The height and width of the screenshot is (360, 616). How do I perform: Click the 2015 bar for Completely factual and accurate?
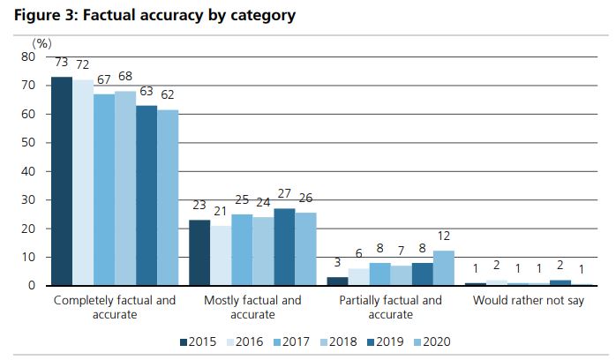click(62, 181)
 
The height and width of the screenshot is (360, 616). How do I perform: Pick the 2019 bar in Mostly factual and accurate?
click(284, 247)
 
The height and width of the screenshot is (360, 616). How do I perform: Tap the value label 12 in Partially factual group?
click(444, 236)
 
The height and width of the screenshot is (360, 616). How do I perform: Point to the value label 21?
click(221, 211)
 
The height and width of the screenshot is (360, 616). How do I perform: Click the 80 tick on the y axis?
click(27, 56)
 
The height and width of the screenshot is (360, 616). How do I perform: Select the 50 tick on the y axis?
click(27, 142)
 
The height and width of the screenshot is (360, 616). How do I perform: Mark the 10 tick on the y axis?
click(27, 257)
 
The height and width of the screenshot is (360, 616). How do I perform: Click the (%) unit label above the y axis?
click(41, 42)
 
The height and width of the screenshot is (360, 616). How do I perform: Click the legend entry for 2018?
click(338, 341)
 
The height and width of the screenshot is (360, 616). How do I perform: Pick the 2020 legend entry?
click(432, 341)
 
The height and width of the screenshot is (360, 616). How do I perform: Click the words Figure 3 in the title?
click(44, 15)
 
